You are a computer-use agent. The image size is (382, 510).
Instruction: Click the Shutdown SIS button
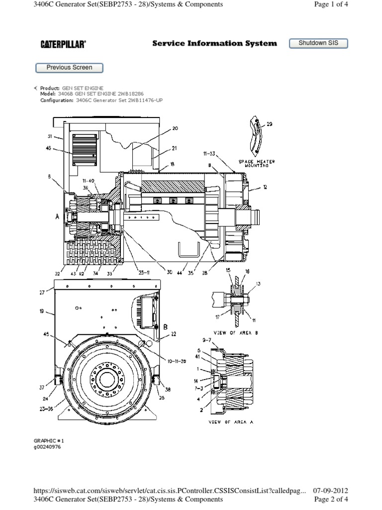318,43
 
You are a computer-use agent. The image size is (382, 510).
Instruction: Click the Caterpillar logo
63,44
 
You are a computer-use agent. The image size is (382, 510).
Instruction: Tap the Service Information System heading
214,43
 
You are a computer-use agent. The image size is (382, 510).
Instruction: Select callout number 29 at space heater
270,124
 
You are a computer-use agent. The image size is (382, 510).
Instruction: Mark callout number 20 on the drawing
175,128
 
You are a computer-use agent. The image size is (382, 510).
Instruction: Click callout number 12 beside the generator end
265,187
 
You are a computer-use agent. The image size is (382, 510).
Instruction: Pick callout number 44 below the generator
179,273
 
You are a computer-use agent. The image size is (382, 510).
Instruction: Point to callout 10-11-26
177,361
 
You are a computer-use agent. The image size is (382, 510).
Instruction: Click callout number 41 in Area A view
197,358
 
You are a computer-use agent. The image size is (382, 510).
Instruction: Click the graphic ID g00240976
48,447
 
